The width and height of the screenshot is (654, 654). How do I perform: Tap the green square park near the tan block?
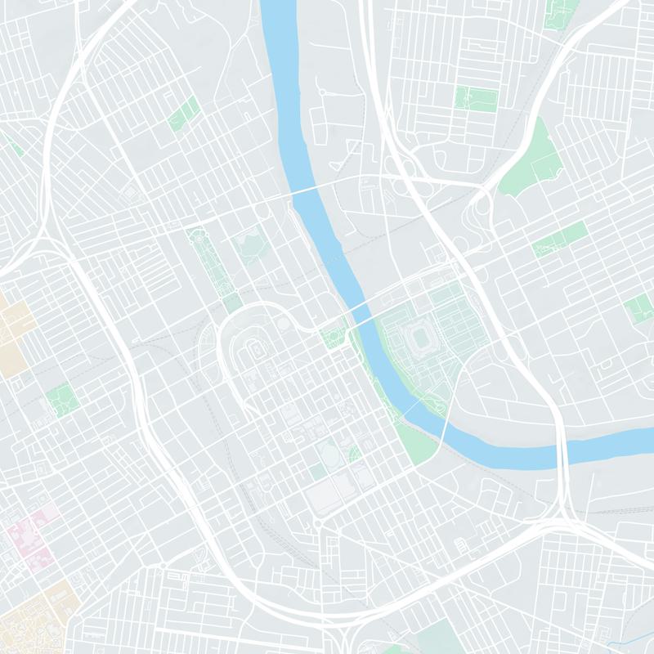pos(62,399)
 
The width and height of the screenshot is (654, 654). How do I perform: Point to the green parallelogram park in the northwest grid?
pos(184,114)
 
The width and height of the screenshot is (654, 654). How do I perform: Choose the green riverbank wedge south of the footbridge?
pos(417,437)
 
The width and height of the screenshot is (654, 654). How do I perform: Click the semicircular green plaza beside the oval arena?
pos(355,454)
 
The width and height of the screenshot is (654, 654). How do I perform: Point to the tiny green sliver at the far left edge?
pos(14,147)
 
